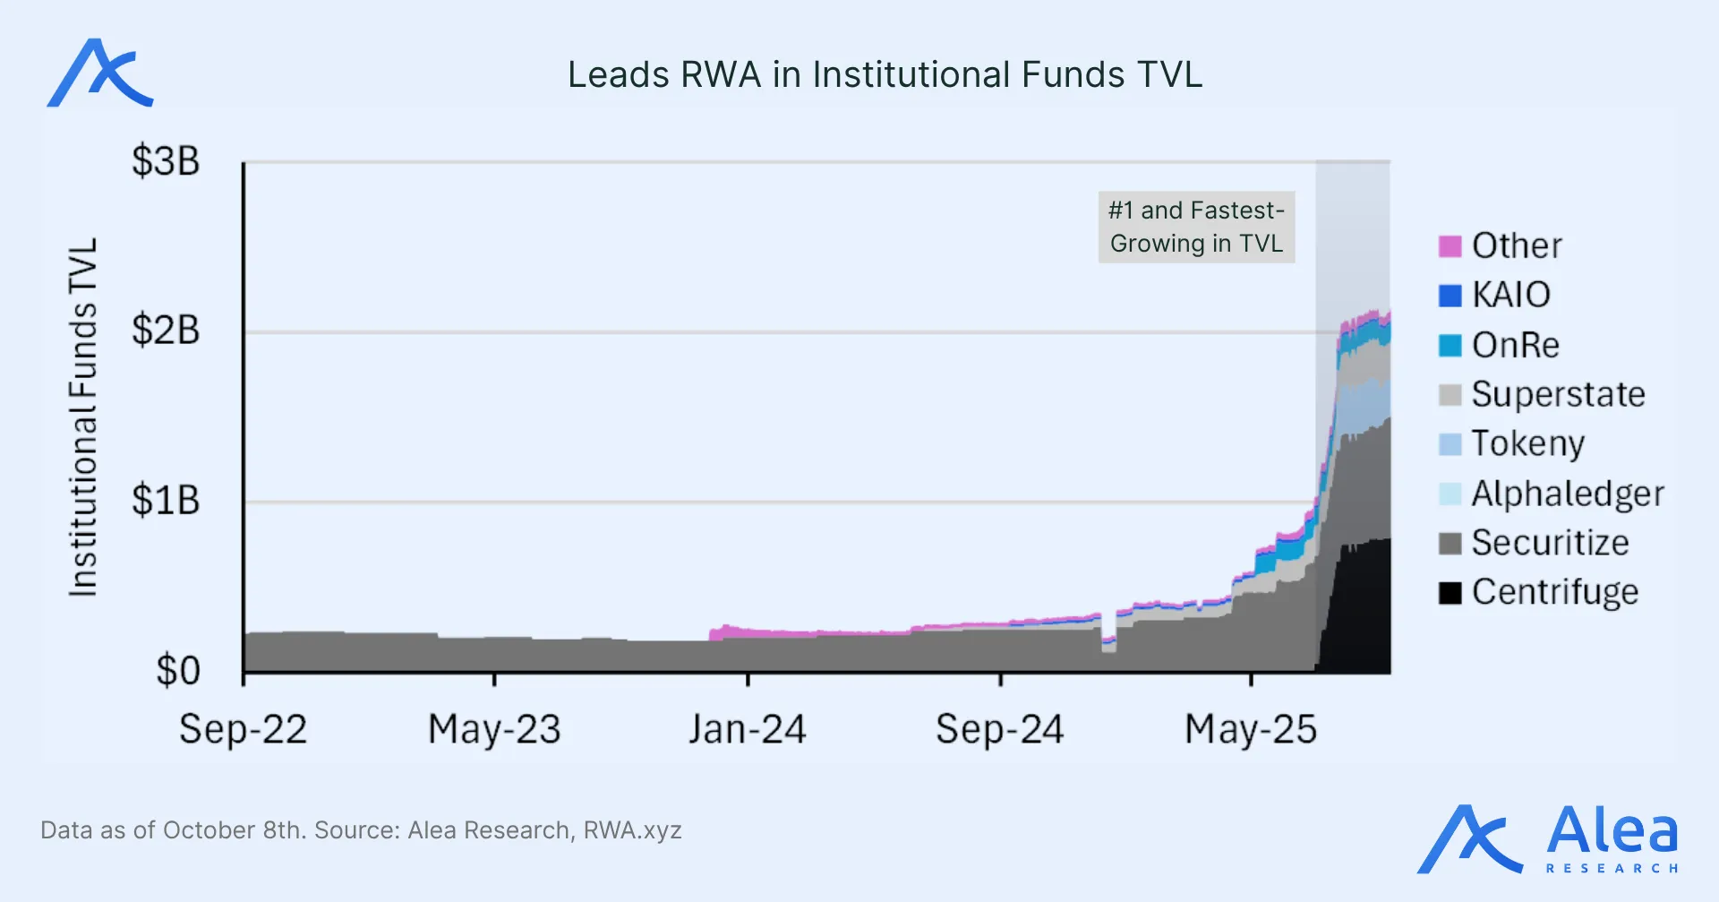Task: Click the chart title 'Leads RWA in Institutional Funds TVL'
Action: [x=885, y=75]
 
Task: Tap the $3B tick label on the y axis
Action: [x=166, y=162]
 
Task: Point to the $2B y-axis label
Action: [x=166, y=331]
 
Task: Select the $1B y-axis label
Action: [x=166, y=501]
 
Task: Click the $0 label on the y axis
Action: [x=177, y=671]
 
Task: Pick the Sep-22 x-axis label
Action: [x=243, y=729]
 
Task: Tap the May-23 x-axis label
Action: [x=494, y=729]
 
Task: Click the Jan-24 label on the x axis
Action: [x=748, y=729]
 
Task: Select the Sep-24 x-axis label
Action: [x=1000, y=729]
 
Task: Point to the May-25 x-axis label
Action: [x=1251, y=729]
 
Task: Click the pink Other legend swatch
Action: [x=1450, y=246]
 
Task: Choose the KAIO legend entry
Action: [x=1510, y=295]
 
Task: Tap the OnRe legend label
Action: [x=1516, y=345]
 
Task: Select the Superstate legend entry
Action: [x=1558, y=394]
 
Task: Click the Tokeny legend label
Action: [x=1527, y=443]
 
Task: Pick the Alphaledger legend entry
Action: [x=1567, y=494]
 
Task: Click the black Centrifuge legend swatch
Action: [x=1450, y=593]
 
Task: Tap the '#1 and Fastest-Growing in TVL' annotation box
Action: [x=1196, y=227]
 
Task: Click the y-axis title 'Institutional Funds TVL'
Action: [x=83, y=417]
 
